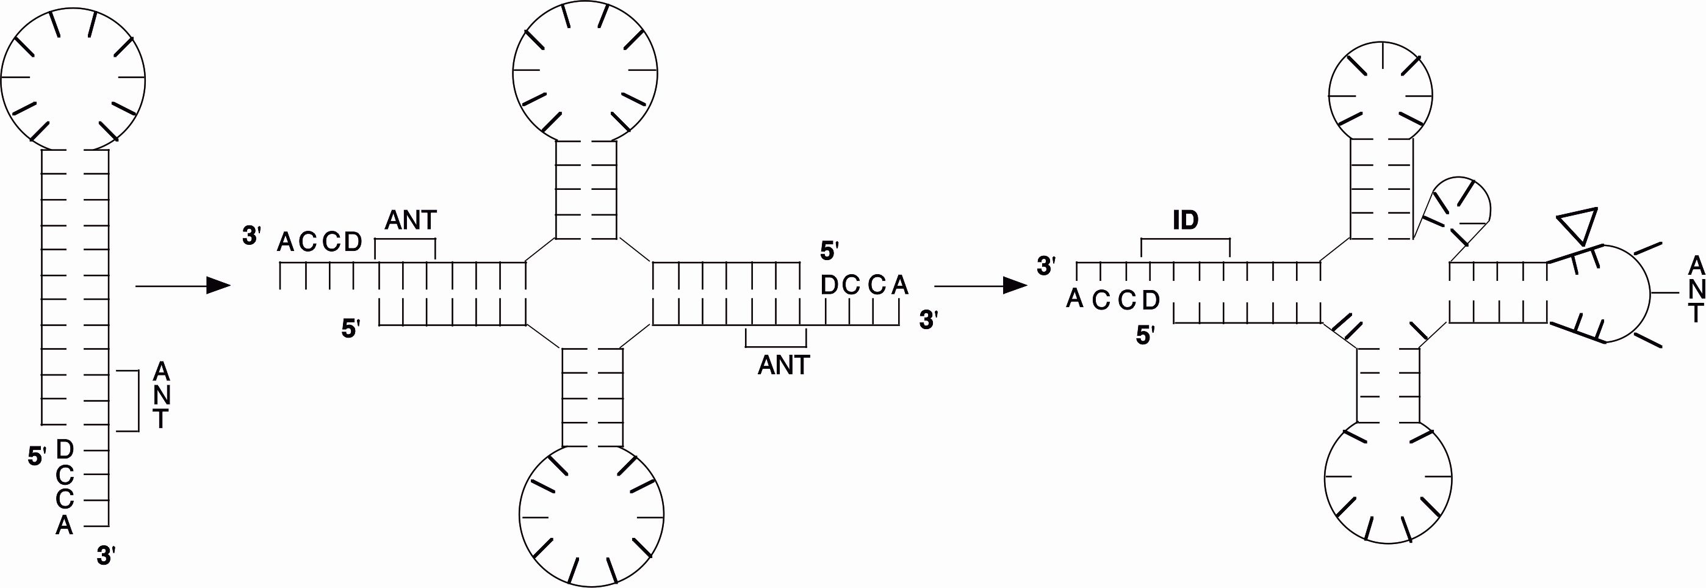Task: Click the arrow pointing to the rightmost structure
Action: [x=980, y=286]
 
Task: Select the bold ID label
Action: [x=1186, y=220]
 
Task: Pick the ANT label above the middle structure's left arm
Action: [x=411, y=220]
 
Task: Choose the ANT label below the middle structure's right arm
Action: [x=783, y=365]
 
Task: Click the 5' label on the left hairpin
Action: [x=37, y=456]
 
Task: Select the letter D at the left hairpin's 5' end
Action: [x=65, y=449]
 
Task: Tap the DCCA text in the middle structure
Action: [x=864, y=285]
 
